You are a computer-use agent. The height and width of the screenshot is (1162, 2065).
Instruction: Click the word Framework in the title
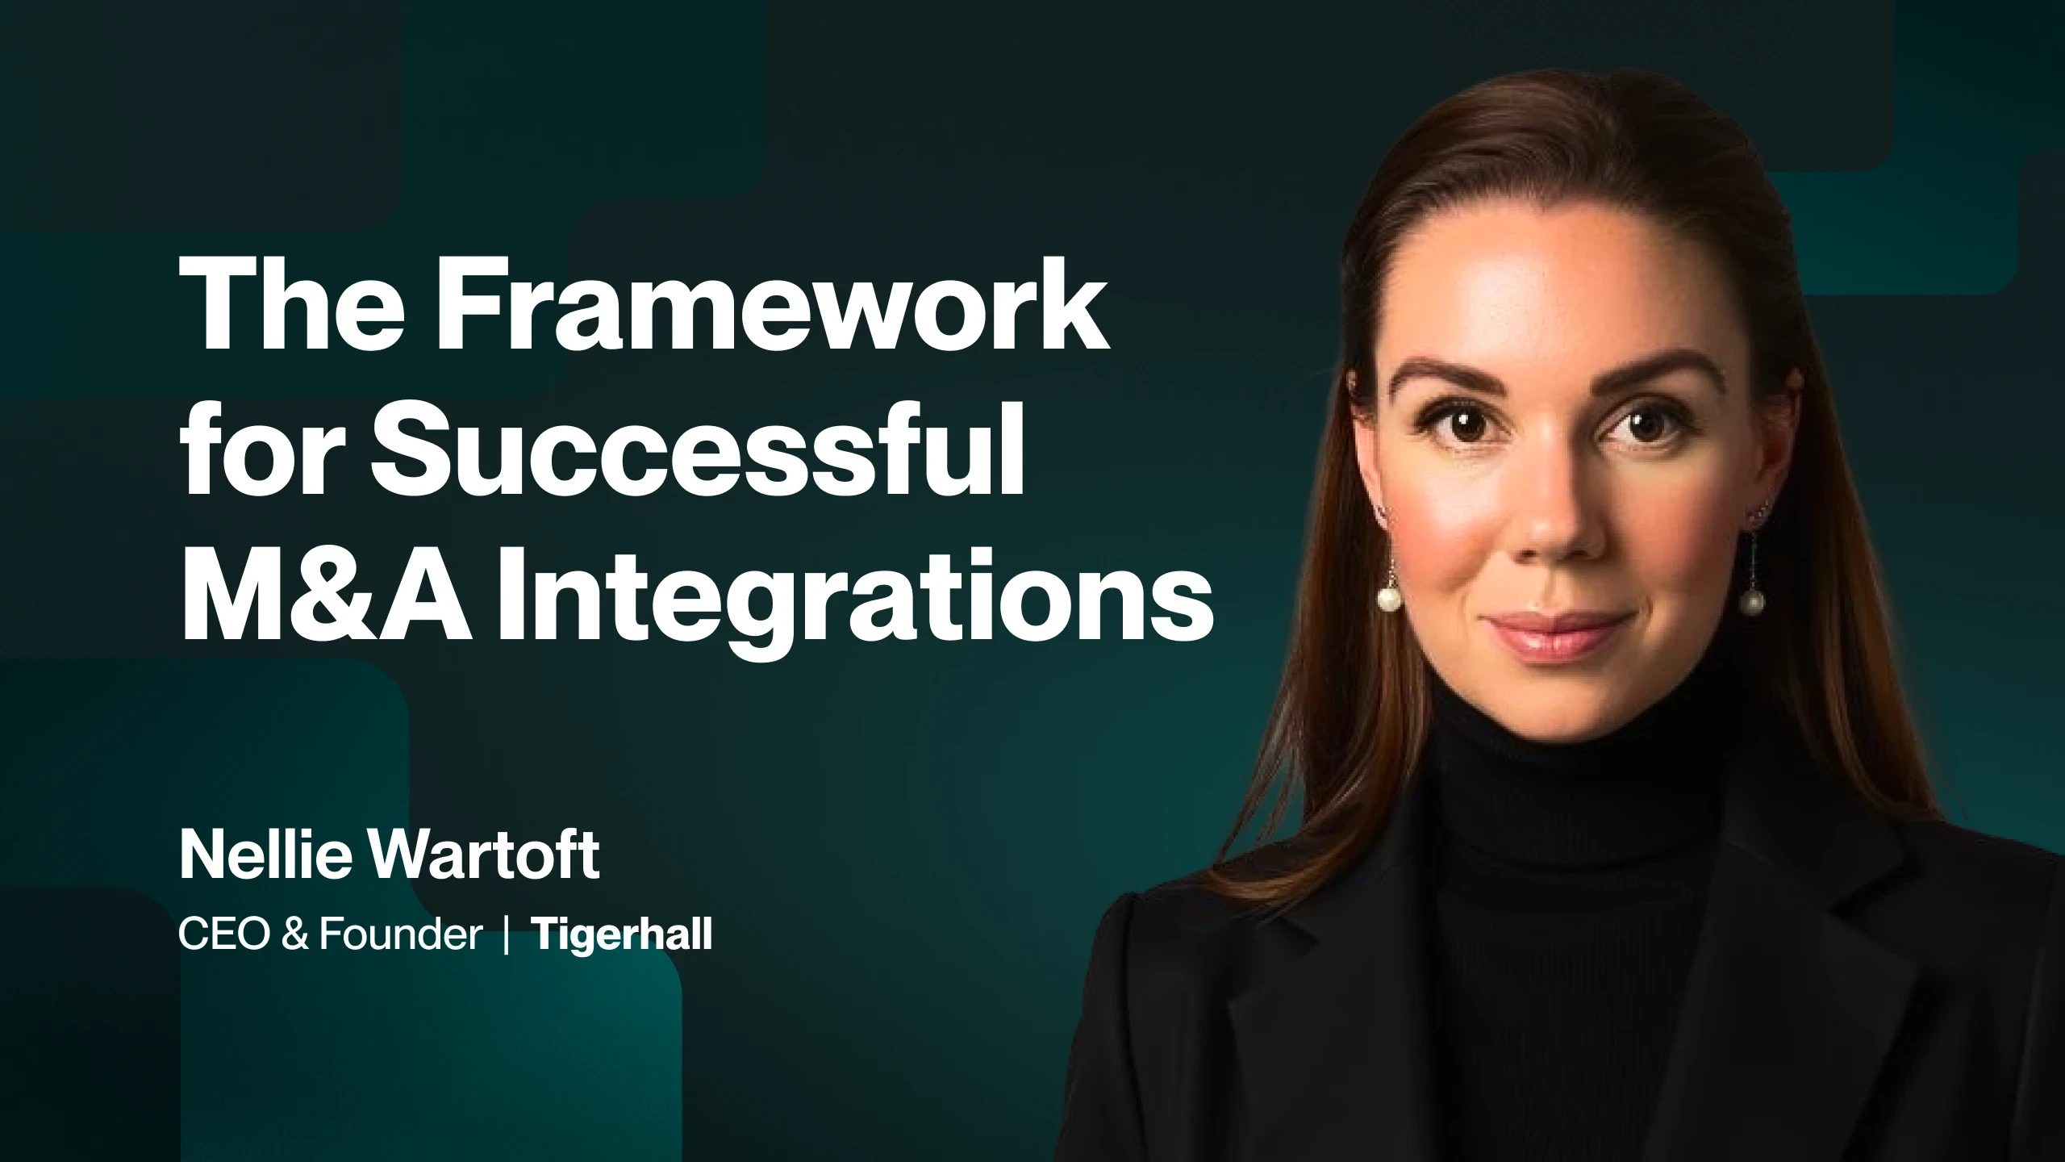[773, 312]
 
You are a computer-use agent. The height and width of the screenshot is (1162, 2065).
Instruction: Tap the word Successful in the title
[697, 456]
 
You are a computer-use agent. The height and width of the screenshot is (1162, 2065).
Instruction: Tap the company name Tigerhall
[621, 935]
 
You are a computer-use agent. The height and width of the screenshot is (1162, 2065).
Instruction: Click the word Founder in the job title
[400, 935]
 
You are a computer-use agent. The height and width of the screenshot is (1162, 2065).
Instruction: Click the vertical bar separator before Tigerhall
[506, 936]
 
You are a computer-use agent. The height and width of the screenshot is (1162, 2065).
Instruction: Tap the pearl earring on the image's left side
[1388, 598]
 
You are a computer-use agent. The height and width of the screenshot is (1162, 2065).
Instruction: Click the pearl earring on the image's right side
[1750, 600]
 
